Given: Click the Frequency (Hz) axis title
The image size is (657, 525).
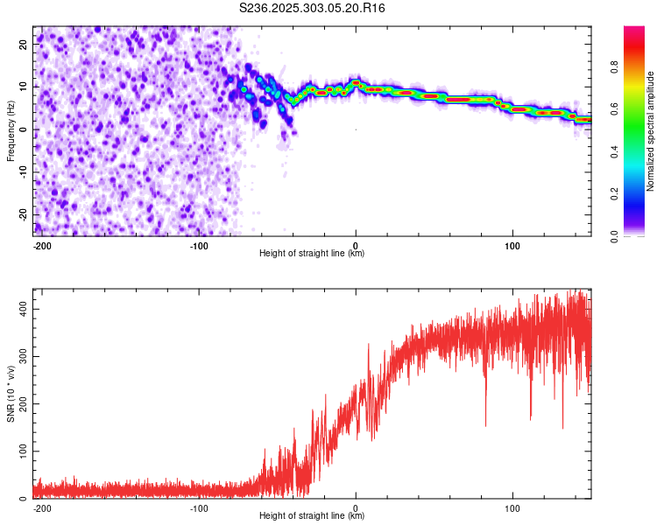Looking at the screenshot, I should pyautogui.click(x=11, y=130).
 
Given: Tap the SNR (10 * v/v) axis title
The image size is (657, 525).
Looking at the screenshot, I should pyautogui.click(x=11, y=394).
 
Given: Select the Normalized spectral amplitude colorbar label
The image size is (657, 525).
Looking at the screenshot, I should pyautogui.click(x=650, y=131).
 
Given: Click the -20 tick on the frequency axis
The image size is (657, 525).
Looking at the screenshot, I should pyautogui.click(x=24, y=214).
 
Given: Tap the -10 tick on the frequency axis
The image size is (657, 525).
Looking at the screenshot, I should pyautogui.click(x=24, y=171).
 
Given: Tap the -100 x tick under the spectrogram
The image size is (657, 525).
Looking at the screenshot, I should pyautogui.click(x=199, y=245).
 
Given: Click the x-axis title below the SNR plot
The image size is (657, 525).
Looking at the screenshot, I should pyautogui.click(x=312, y=516).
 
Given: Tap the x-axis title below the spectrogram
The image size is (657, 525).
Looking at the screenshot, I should pyautogui.click(x=312, y=254).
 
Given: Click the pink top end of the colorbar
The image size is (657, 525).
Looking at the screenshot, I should pyautogui.click(x=633, y=31).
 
